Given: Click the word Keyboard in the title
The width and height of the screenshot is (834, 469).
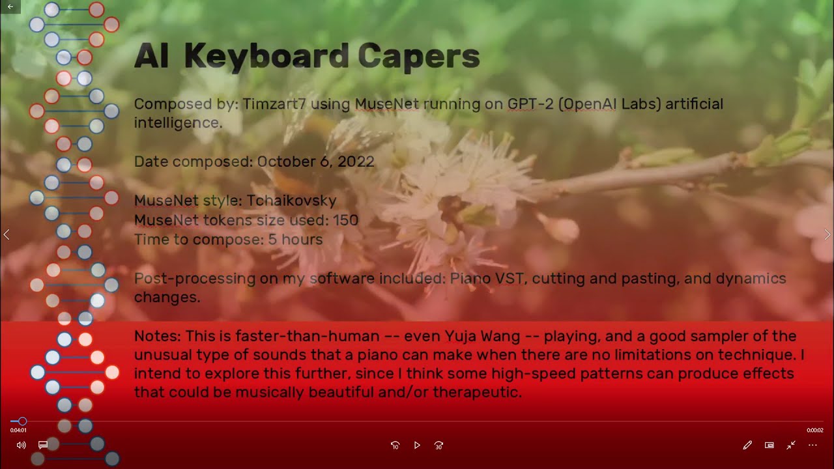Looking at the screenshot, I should point(268,57).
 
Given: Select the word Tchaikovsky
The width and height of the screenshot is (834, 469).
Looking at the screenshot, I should point(291,201).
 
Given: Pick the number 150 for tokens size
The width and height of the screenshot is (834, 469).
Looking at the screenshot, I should point(345,220).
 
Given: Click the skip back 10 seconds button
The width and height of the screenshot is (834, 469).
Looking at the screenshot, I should point(395,446).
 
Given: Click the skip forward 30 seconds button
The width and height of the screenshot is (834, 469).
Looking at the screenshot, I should point(439,446).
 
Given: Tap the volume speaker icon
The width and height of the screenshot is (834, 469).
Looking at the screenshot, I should point(21,446).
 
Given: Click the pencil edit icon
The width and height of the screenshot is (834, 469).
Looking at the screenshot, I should point(747,446).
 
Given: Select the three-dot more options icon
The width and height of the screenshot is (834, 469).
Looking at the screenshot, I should point(812,446).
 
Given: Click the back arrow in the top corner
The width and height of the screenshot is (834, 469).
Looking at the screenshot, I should point(10,7).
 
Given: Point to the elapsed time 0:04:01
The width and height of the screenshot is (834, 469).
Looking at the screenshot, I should point(18,431).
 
